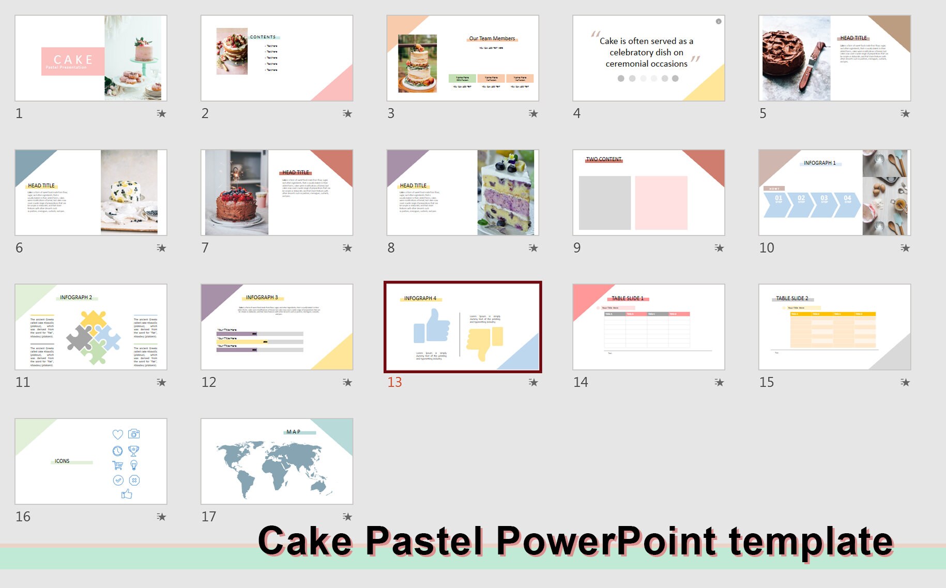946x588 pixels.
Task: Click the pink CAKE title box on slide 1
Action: [x=72, y=61]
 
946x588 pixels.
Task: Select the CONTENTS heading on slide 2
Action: [x=263, y=37]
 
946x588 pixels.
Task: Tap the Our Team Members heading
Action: [x=492, y=38]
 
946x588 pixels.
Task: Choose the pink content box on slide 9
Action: [x=661, y=203]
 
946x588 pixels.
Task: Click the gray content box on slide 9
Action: [x=604, y=203]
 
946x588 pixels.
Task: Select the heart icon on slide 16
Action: [x=118, y=435]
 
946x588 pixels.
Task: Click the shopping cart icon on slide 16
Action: [x=118, y=465]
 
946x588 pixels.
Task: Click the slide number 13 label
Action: [x=394, y=382]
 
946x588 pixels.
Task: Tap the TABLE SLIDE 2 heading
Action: [x=791, y=298]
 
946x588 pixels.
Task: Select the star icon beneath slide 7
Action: [x=347, y=248]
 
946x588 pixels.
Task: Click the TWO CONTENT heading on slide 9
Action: [x=603, y=159]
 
